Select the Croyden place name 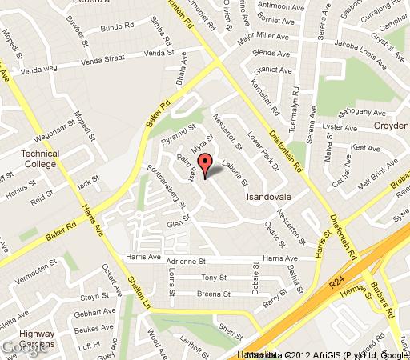click(390, 126)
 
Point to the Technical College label click(40, 158)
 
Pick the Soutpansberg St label click(167, 186)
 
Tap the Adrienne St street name click(186, 260)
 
